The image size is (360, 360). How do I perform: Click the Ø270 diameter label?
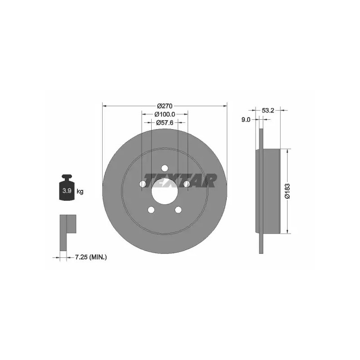click(164, 106)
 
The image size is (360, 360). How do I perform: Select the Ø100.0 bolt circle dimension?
click(165, 114)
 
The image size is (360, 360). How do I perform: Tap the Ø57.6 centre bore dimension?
click(165, 122)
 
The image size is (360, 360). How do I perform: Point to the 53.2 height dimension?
click(268, 110)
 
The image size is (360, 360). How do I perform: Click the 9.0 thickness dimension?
click(246, 119)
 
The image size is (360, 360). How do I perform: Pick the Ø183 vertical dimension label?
click(288, 191)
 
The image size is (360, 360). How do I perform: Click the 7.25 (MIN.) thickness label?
click(91, 257)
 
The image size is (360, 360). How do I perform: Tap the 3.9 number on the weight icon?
click(67, 190)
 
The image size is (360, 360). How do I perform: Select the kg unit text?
click(80, 191)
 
